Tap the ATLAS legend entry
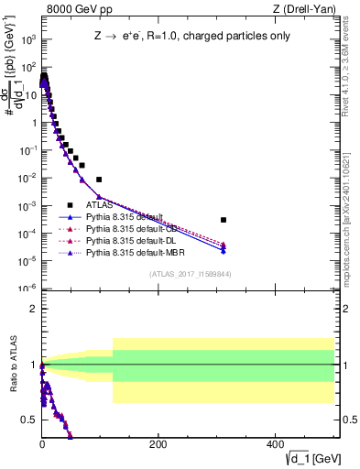tap(100, 206)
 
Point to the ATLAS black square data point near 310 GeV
tap(223, 220)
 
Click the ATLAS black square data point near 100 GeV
tap(99, 180)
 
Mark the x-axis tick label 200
tap(158, 444)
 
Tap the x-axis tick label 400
tap(274, 444)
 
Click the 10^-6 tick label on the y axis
tap(27, 289)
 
